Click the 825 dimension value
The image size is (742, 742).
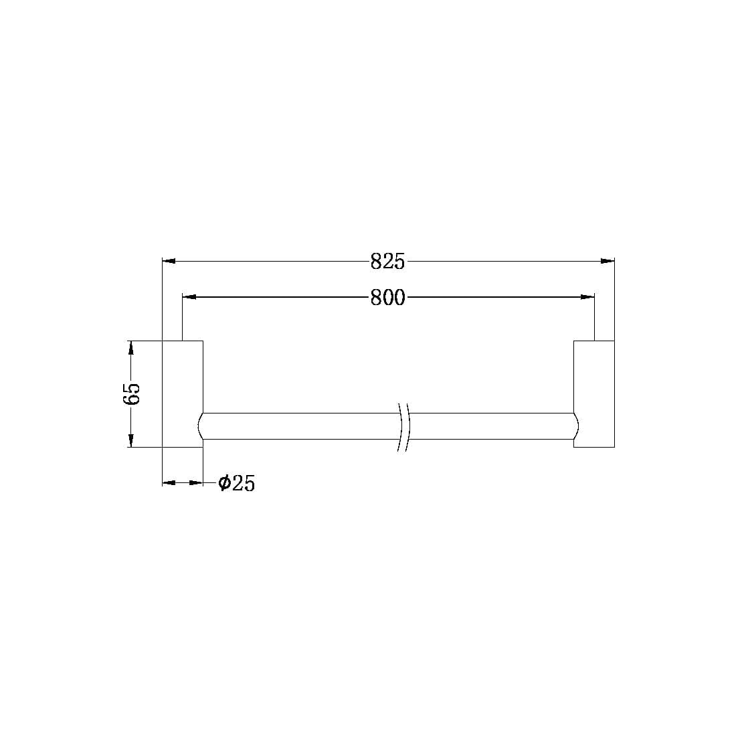(388, 262)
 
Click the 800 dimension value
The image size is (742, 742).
(388, 297)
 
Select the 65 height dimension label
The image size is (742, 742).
(132, 393)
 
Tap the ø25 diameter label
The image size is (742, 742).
(237, 483)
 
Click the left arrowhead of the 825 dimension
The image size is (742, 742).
(169, 261)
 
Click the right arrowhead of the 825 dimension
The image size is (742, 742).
(608, 261)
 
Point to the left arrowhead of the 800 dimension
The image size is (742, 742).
(189, 296)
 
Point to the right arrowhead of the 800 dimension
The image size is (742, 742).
(587, 296)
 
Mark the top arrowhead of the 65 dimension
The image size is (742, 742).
(131, 347)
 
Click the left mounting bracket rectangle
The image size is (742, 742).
(183, 393)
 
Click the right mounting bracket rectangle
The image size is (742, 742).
(594, 393)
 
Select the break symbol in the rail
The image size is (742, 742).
(403, 426)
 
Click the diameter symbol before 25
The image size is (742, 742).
(224, 482)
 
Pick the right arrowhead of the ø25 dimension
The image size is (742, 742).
(197, 482)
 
